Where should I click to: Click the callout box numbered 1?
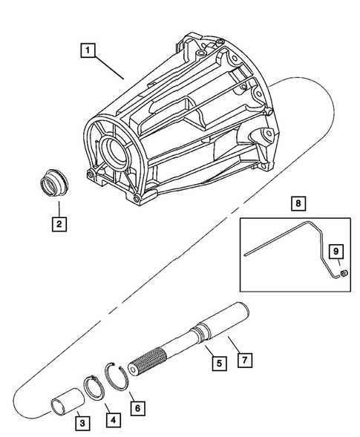(88, 51)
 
